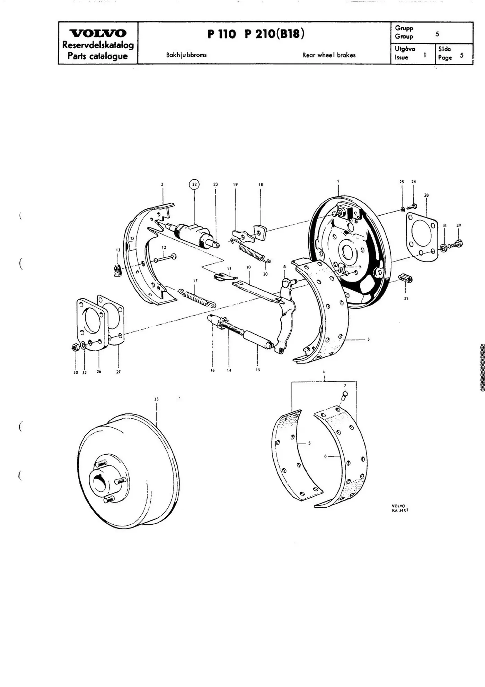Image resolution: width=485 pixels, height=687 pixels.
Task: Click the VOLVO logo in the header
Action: coord(98,33)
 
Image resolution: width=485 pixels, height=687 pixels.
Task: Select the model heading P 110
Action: coord(222,34)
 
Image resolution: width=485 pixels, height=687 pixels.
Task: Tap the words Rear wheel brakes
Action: coord(329,55)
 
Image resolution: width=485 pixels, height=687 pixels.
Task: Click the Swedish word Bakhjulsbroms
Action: coord(186,55)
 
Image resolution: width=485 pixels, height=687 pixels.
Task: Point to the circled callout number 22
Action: coord(194,184)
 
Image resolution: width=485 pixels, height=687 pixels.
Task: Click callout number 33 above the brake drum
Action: coord(157,399)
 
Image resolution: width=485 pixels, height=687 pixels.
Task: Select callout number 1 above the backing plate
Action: coord(338,181)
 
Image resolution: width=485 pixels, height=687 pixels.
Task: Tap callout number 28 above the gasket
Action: coord(426,195)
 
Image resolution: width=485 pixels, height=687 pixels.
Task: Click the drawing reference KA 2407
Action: coord(400,510)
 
